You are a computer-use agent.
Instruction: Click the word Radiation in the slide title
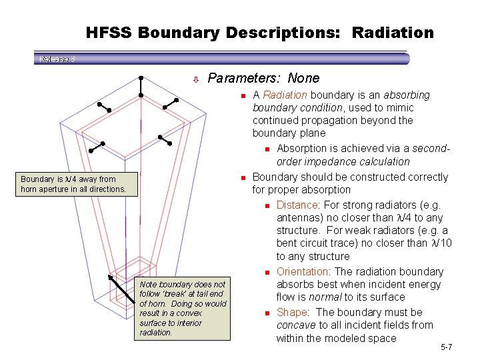click(x=393, y=32)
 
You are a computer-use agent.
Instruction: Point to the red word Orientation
click(x=303, y=271)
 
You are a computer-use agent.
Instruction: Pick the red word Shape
click(x=292, y=312)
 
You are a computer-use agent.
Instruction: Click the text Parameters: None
click(x=263, y=78)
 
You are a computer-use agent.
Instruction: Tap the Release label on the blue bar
click(x=56, y=59)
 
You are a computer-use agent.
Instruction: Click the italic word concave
click(x=296, y=325)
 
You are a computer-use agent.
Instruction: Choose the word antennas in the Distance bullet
click(x=299, y=217)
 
